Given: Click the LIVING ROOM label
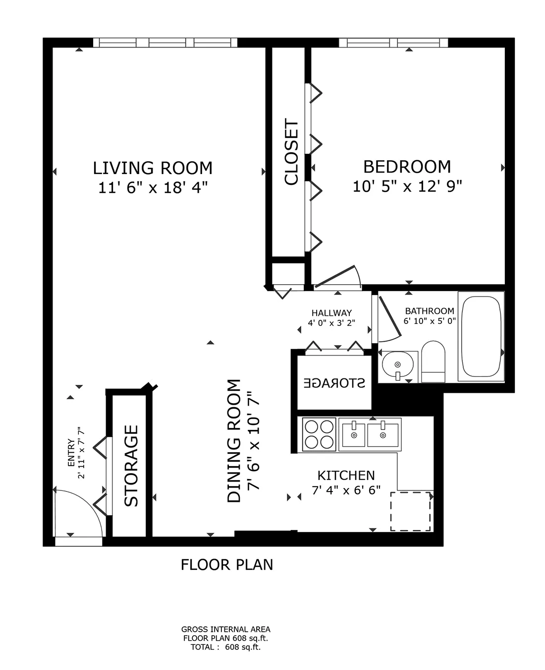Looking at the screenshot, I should coord(153,168).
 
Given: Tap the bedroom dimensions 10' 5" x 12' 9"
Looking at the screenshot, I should coord(407,186).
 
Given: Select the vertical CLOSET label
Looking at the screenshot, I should coord(291,152).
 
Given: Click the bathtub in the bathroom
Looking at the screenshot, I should coord(481,337).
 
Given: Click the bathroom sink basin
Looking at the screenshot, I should coord(398,365).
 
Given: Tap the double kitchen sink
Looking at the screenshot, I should coord(369,434).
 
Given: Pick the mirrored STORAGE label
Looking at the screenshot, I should coord(334,383).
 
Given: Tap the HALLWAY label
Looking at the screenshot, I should coord(331,313).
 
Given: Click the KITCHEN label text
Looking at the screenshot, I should coord(346,476).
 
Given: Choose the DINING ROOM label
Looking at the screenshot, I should coord(234,441).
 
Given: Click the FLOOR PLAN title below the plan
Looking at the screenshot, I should coord(227,564).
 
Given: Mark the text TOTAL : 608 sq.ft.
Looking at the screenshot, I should coord(225,647).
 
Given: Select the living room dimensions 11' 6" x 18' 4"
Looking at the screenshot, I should coord(153,188).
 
